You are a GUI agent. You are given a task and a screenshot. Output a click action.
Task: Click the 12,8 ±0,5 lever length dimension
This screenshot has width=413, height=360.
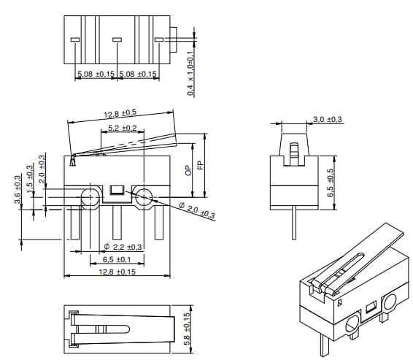121,114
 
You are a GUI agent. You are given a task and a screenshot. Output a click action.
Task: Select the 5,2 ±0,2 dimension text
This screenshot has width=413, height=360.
122,128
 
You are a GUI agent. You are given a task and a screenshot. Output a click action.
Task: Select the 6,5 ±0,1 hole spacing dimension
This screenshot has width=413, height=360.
117,259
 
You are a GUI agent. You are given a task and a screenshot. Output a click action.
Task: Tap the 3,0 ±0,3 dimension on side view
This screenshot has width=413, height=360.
328,119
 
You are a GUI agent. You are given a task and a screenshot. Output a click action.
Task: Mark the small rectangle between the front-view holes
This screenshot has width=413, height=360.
117,191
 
